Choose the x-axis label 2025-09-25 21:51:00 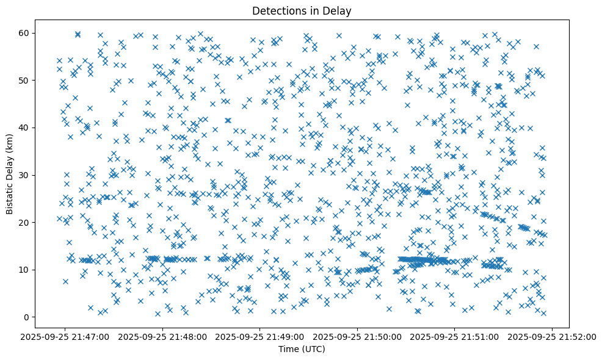(455, 336)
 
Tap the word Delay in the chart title (339, 10)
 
